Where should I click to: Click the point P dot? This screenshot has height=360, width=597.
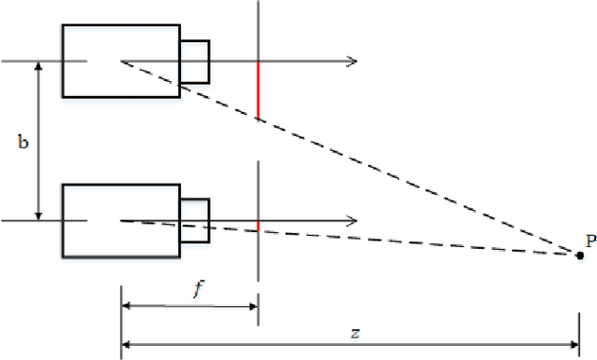click(580, 255)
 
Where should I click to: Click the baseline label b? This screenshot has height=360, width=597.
click(23, 142)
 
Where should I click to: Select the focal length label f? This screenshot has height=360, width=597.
click(197, 289)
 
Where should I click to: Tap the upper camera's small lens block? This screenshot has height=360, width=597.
click(194, 61)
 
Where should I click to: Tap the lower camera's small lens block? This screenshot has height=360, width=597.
click(194, 220)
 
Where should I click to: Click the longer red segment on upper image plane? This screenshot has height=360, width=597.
click(257, 90)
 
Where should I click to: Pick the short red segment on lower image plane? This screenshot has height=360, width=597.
click(257, 226)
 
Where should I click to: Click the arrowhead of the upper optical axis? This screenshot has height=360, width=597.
click(354, 62)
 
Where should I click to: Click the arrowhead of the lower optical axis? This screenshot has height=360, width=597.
click(354, 221)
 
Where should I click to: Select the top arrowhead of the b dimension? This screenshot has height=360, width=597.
click(39, 67)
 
